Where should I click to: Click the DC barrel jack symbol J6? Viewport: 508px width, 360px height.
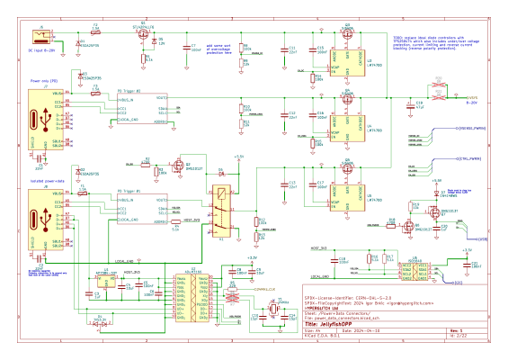(x=40, y=38)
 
